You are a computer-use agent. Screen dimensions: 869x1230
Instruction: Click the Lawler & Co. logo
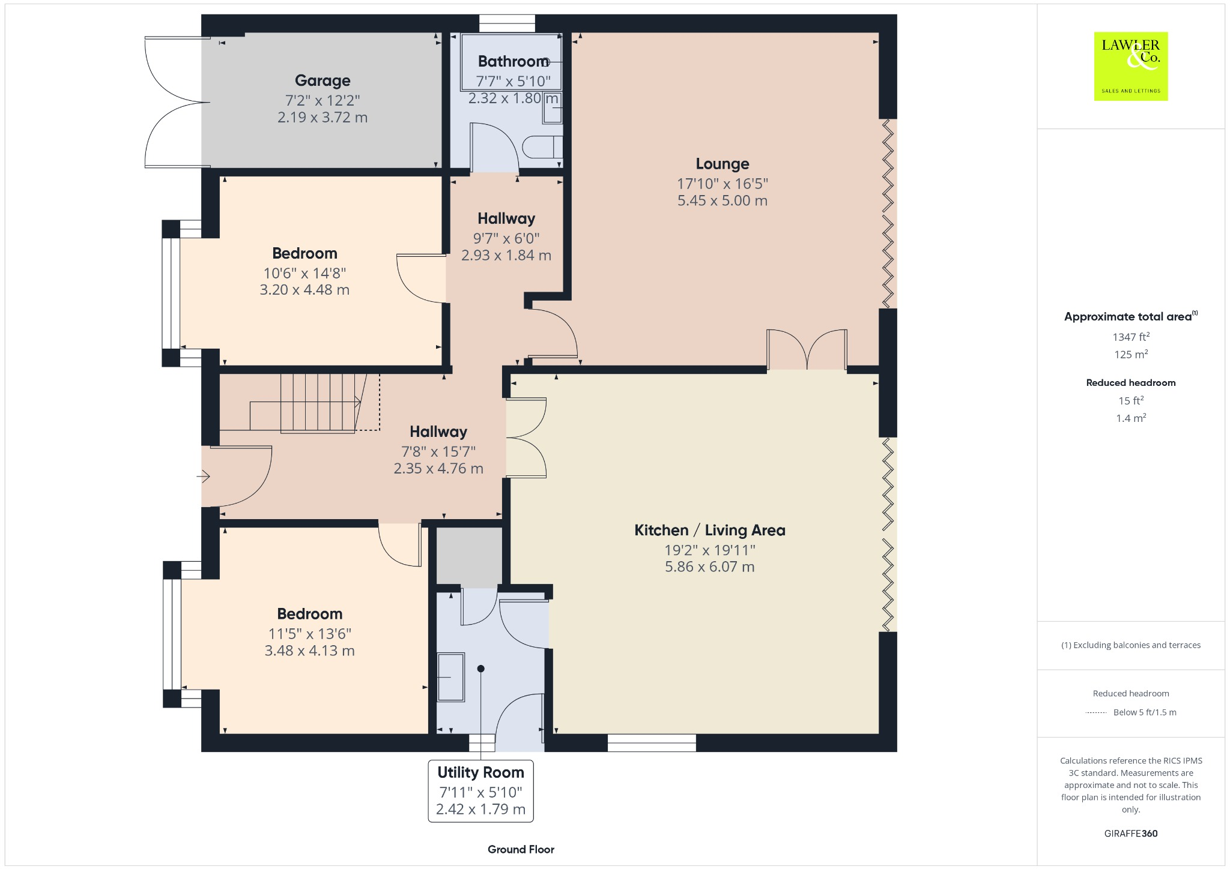tap(1130, 66)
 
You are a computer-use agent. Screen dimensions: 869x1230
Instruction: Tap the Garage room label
tap(323, 80)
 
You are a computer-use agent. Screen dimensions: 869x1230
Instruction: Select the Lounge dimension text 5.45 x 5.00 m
tap(722, 201)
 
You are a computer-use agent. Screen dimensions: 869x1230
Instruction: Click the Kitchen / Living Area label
tap(709, 531)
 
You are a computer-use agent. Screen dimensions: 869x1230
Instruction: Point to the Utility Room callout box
tap(480, 790)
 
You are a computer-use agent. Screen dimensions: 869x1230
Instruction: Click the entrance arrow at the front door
tap(203, 477)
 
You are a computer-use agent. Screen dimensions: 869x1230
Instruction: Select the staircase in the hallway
tap(318, 402)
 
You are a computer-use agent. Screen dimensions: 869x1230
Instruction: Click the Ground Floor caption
tap(521, 849)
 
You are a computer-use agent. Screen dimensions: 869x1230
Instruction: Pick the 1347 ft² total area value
tap(1130, 337)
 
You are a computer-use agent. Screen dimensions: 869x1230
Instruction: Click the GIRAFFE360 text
tap(1130, 834)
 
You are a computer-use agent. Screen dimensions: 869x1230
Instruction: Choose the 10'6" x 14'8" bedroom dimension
tap(304, 274)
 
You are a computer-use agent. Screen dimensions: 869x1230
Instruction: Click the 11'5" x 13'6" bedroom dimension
tap(309, 634)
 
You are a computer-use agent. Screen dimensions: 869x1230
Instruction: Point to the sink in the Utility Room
tap(450, 677)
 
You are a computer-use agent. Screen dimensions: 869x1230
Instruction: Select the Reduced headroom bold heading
tap(1130, 383)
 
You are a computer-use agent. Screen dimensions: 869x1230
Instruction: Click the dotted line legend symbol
tap(1096, 713)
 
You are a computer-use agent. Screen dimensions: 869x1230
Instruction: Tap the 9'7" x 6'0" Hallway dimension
tap(506, 239)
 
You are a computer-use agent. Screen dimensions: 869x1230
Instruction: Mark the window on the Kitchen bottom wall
tap(652, 743)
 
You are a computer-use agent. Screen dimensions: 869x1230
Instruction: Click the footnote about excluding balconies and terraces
tap(1130, 645)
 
